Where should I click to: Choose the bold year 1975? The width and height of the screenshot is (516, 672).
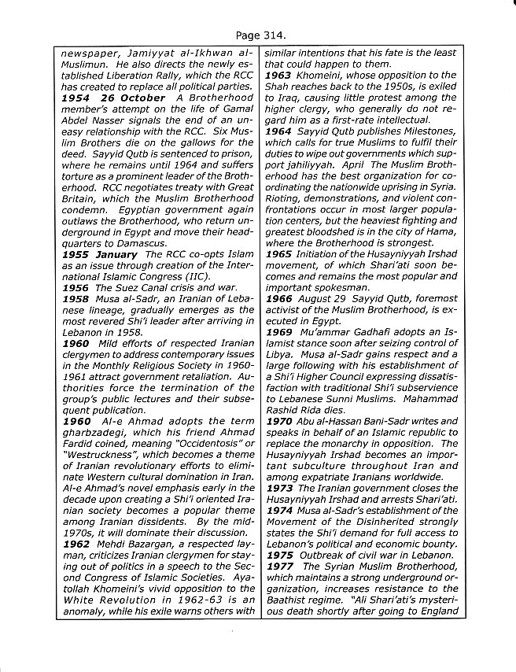pos(279,555)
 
